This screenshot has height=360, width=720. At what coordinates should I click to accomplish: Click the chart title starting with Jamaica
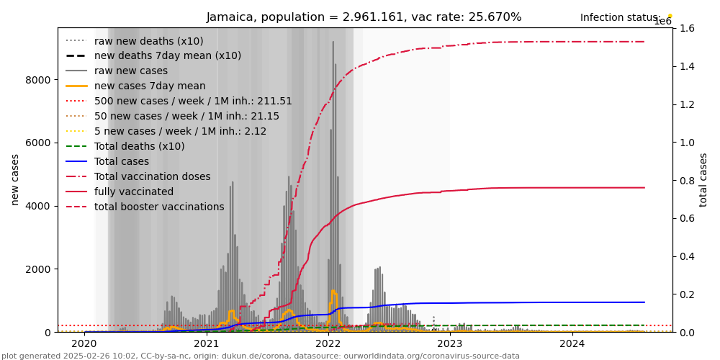tap(364, 17)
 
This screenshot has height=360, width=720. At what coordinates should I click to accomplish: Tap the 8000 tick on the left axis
tap(40, 79)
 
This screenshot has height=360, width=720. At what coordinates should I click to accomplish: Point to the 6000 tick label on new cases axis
tap(40, 143)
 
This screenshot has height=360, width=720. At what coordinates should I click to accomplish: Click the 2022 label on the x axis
tap(328, 343)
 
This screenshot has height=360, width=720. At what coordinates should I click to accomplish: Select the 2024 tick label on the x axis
tap(572, 343)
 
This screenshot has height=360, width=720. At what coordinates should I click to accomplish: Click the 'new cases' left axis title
tap(15, 179)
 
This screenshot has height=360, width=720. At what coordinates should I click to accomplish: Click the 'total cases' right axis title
tap(703, 179)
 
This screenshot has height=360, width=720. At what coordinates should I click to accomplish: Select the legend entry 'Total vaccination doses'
tap(152, 177)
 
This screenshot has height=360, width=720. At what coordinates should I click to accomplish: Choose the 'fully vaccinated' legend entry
tap(134, 192)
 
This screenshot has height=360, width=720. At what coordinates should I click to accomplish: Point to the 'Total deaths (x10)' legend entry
tap(139, 147)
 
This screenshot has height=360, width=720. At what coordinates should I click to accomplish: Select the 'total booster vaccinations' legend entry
tap(159, 207)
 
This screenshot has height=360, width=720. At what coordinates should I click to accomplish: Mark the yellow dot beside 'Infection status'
tap(670, 15)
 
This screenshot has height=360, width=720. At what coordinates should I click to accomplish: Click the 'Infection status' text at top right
tap(620, 18)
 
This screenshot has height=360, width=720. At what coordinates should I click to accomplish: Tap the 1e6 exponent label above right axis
tap(662, 22)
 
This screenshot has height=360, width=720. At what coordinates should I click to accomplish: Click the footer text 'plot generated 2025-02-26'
tap(260, 356)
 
